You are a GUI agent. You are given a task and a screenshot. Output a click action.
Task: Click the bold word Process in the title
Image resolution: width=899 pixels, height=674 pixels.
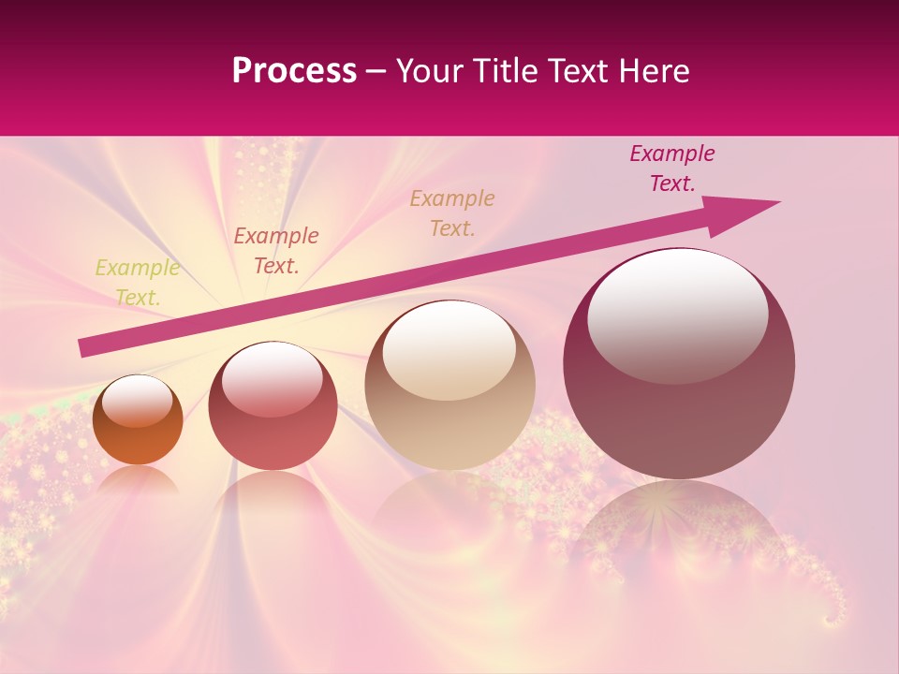[294, 71]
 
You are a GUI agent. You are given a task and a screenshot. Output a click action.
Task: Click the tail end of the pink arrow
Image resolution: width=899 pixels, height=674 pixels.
[84, 347]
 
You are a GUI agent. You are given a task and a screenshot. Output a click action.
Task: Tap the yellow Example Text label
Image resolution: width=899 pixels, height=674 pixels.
[137, 283]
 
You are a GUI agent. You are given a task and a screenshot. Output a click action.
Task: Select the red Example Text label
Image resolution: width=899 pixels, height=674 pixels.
[275, 251]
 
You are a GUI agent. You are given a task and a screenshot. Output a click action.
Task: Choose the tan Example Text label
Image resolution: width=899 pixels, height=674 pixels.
[452, 213]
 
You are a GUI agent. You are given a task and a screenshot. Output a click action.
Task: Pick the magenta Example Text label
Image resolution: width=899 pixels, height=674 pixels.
[671, 168]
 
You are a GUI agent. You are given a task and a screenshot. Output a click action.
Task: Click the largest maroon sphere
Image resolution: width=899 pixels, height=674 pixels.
[679, 412]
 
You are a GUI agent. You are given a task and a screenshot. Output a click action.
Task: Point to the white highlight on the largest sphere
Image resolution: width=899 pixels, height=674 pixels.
[677, 314]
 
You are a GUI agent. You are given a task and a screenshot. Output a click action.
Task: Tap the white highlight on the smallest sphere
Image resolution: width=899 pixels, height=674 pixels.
[138, 400]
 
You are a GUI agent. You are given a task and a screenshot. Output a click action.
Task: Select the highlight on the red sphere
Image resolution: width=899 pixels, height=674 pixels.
[272, 377]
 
